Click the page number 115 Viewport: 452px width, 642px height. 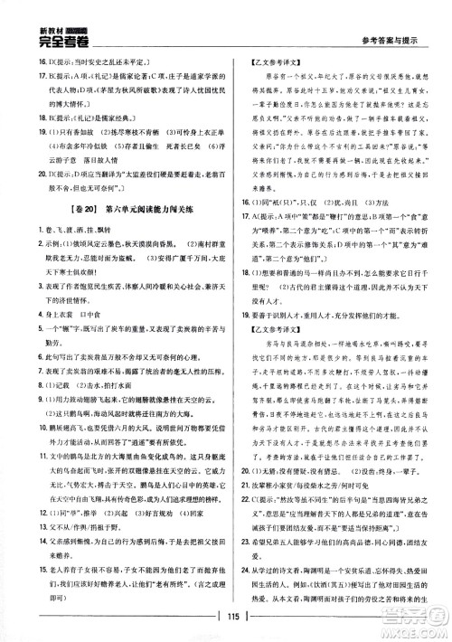click(225, 629)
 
